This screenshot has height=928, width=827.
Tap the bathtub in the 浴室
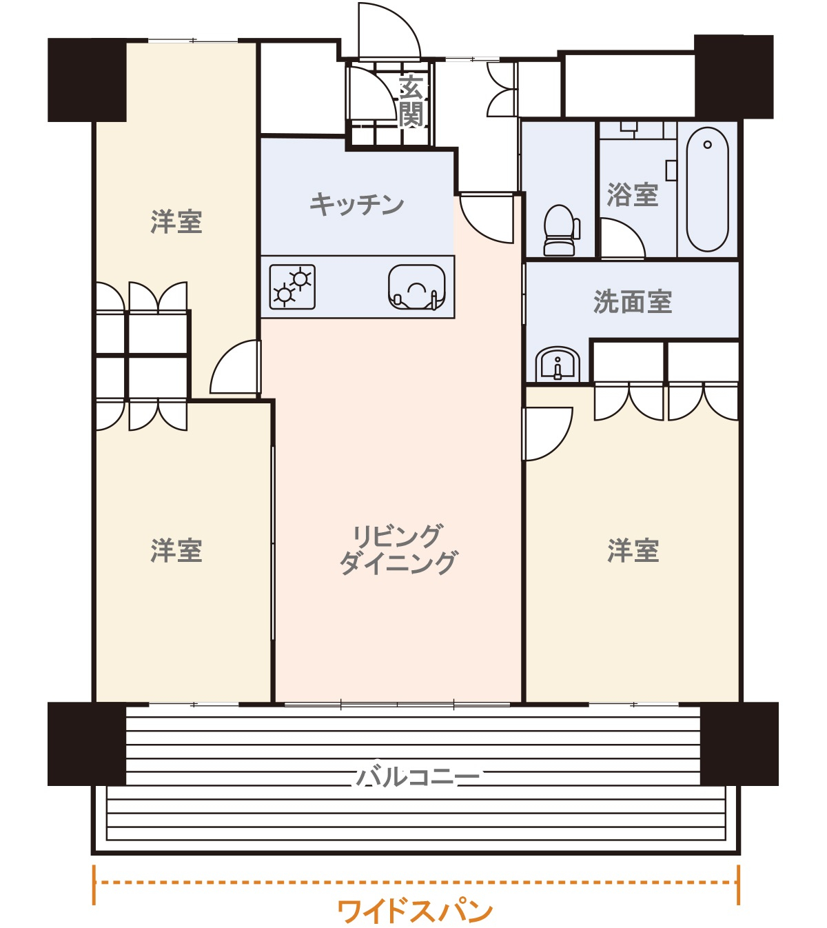click(x=707, y=190)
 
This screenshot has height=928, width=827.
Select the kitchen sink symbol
click(x=416, y=287)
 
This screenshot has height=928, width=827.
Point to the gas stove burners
click(x=292, y=287)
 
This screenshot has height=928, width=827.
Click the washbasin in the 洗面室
click(x=558, y=364)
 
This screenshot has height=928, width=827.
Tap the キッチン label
click(x=356, y=204)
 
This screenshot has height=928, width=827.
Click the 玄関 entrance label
click(x=411, y=102)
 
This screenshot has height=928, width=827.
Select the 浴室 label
click(x=632, y=195)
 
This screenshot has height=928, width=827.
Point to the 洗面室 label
click(x=632, y=302)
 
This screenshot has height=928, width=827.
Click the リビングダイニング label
click(x=398, y=549)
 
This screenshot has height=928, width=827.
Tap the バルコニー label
click(x=417, y=777)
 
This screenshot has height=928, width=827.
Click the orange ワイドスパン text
click(x=415, y=911)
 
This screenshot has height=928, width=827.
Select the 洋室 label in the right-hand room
click(x=633, y=551)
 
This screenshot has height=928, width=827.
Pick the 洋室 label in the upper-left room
click(x=176, y=222)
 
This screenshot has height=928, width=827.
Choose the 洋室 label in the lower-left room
click(x=176, y=551)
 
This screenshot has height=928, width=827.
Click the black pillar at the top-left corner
click(x=87, y=80)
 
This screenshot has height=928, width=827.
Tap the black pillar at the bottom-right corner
click(x=739, y=744)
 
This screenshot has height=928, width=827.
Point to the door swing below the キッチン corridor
click(x=488, y=217)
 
